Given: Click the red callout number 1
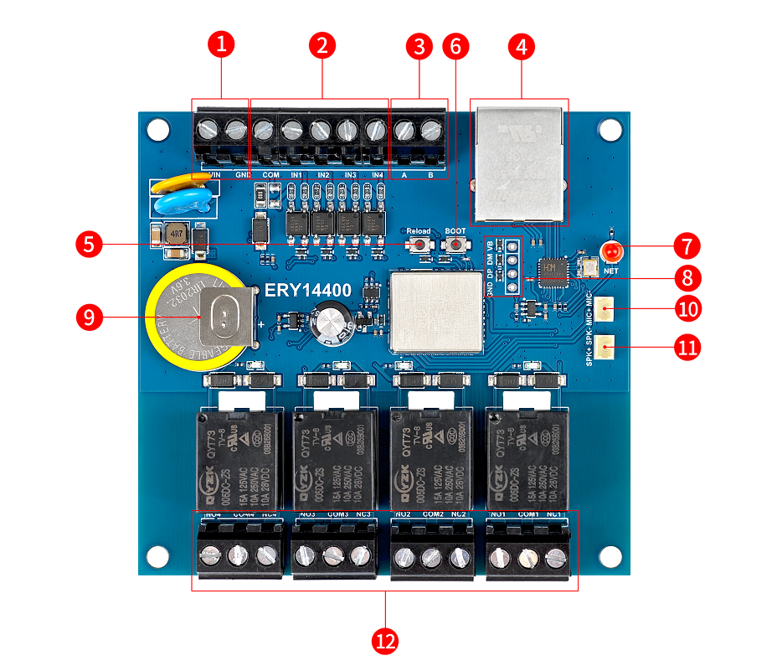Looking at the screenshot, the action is tap(221, 44).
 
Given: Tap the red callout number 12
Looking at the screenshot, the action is tap(385, 642).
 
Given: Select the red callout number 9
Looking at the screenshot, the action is tap(88, 317).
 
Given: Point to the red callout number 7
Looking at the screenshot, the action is tap(687, 246).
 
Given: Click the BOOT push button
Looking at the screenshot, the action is tap(455, 245).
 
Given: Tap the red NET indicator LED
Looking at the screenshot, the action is tap(612, 251).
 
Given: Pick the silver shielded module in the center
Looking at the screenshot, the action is tap(437, 310).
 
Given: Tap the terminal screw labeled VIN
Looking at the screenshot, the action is tap(208, 130).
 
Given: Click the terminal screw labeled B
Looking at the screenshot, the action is tap(431, 130).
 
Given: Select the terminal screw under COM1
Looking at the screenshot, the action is tap(527, 556).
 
